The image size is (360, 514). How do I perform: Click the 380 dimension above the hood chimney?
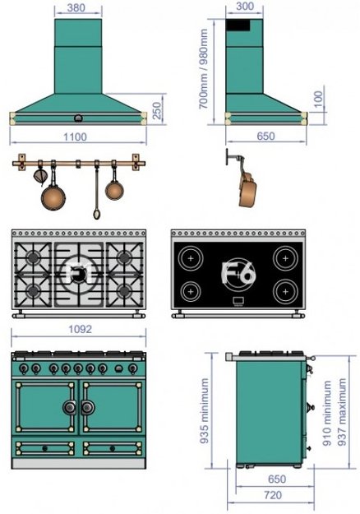(x=76, y=7)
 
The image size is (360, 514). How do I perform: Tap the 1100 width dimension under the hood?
(x=75, y=137)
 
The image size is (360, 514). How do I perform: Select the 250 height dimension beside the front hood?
(x=157, y=111)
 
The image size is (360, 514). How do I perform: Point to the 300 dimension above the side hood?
(x=245, y=7)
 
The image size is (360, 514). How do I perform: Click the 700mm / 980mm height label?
(x=203, y=69)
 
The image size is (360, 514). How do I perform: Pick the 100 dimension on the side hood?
(x=318, y=99)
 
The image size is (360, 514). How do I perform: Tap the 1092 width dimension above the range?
(x=80, y=329)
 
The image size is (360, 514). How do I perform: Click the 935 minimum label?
(x=204, y=411)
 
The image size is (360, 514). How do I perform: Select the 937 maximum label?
(x=342, y=412)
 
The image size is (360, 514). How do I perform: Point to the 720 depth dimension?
(x=273, y=495)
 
